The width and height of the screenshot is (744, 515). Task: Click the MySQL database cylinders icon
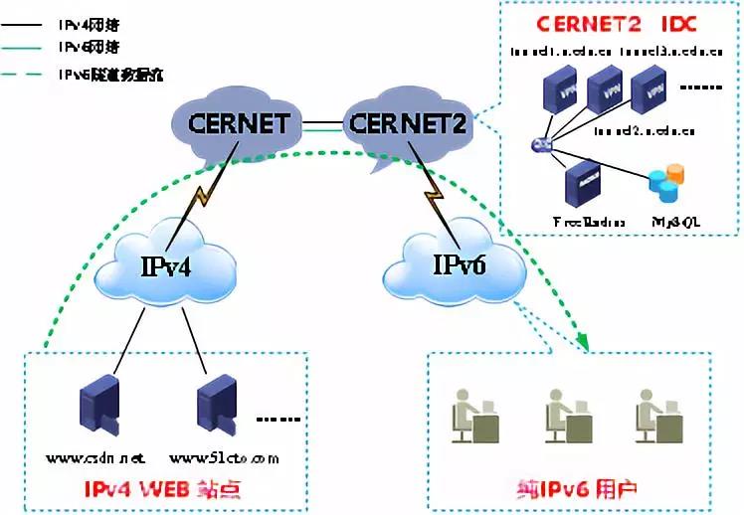(663, 186)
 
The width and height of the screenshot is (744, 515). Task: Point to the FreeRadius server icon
(579, 184)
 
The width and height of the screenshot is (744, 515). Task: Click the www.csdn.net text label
(95, 458)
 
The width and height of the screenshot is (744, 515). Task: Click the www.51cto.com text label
(224, 458)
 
